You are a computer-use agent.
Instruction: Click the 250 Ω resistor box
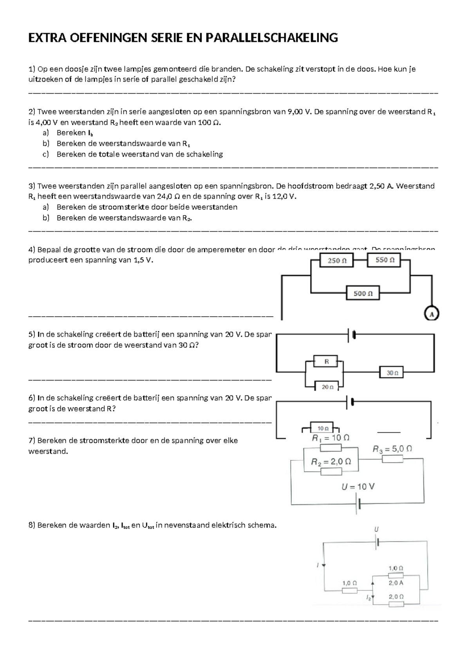click(336, 260)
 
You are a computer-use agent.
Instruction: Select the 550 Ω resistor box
click(384, 260)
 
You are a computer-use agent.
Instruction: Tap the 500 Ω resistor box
click(363, 293)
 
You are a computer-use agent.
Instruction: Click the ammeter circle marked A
click(432, 314)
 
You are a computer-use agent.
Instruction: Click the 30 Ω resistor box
click(392, 373)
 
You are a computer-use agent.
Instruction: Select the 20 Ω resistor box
click(327, 387)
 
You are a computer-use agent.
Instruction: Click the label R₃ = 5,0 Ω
click(392, 449)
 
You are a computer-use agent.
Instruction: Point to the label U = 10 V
click(358, 487)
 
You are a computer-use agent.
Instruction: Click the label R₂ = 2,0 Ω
click(331, 462)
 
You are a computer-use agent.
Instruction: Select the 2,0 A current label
click(396, 583)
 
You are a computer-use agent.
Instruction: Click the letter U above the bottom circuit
click(376, 529)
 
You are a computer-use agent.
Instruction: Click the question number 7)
click(32, 440)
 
